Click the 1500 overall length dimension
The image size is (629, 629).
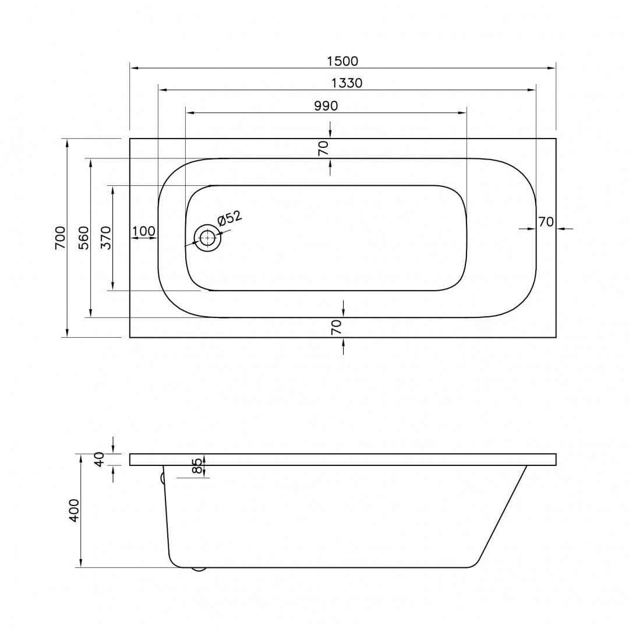[342, 61]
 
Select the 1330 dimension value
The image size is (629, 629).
[347, 83]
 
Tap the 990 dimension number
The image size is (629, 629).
[326, 106]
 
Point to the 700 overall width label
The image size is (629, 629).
[60, 238]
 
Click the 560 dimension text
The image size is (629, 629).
[83, 238]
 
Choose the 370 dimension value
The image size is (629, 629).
[105, 238]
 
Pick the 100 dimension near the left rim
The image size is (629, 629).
[144, 231]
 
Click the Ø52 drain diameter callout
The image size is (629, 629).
[229, 218]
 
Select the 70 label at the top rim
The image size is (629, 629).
[323, 148]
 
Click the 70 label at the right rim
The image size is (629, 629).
[546, 222]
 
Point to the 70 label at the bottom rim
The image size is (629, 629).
[336, 327]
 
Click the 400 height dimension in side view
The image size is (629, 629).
[75, 511]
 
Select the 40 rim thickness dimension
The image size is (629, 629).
[99, 460]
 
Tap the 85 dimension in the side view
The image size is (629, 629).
[197, 466]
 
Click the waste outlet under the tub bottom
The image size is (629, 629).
[199, 569]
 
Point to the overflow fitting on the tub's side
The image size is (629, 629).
[162, 478]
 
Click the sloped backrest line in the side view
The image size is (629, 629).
[503, 514]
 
